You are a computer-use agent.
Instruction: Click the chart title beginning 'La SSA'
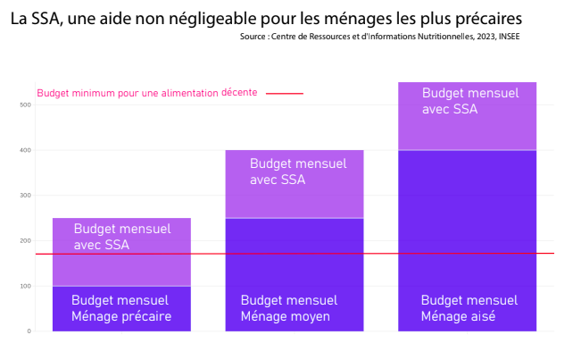coord(267,18)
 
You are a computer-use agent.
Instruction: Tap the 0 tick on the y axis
coord(29,331)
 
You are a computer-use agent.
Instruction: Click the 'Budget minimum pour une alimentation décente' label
coord(146,93)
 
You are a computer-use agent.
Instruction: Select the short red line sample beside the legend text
coord(285,93)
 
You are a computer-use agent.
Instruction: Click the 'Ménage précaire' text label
coord(121,316)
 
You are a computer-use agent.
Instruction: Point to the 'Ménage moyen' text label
coord(286,316)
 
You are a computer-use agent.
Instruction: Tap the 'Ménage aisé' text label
coord(458,316)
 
